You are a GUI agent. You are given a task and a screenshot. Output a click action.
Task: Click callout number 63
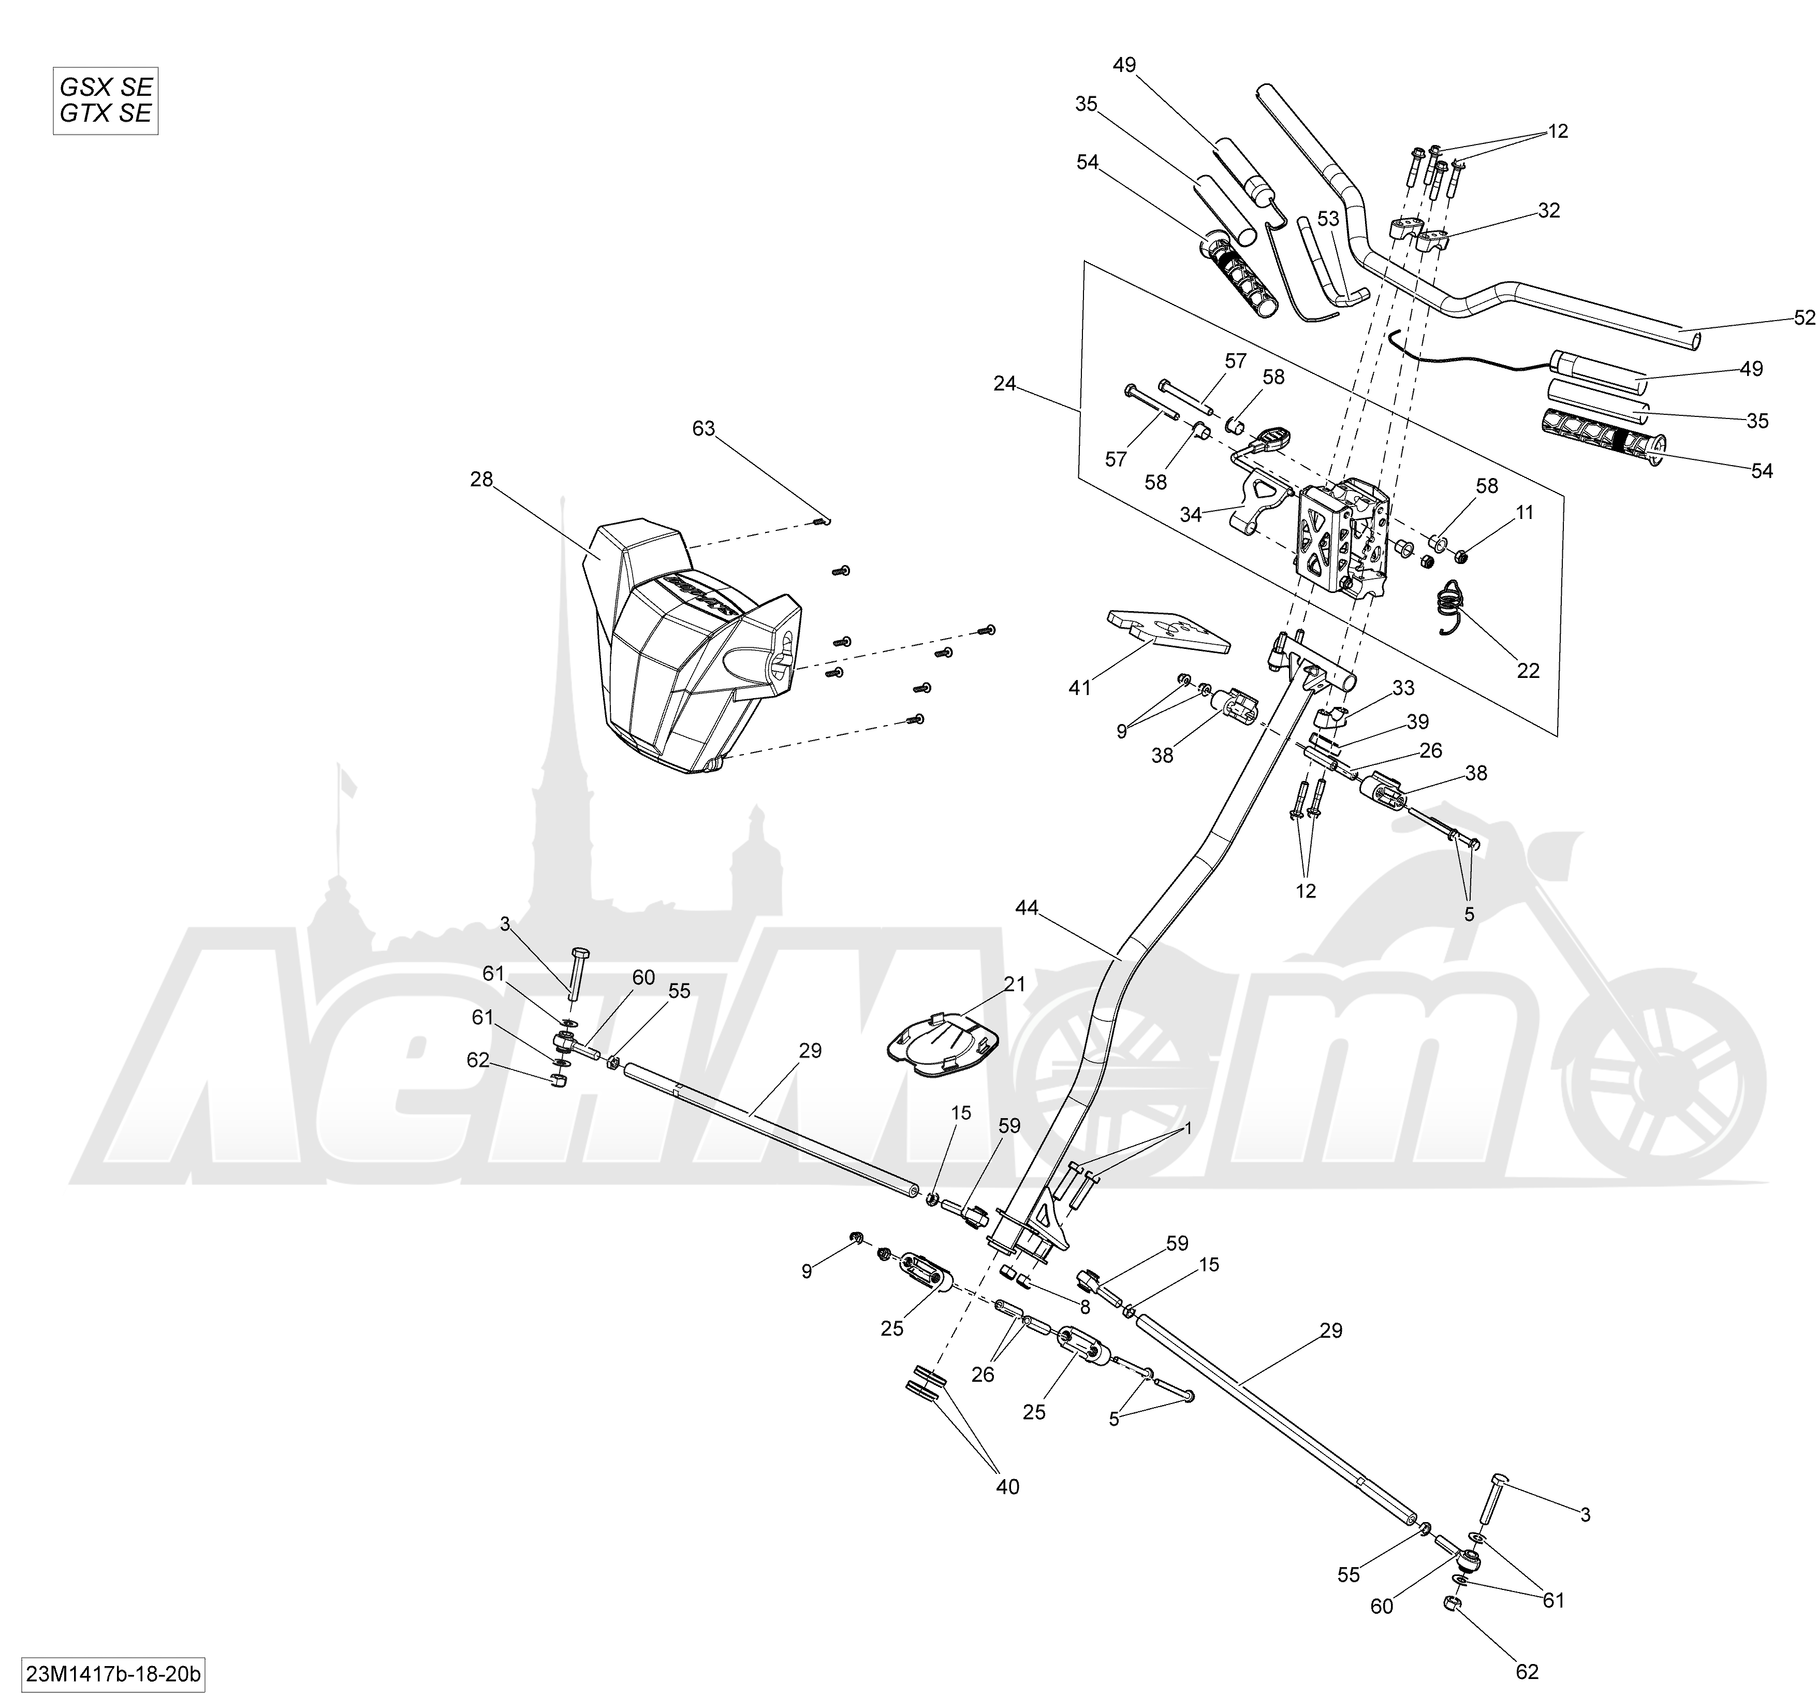click(x=704, y=429)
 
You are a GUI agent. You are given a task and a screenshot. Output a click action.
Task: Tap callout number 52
click(x=1804, y=317)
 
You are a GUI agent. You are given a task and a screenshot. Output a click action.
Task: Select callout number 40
click(x=1007, y=1487)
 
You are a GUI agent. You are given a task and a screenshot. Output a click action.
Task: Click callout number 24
click(x=1004, y=384)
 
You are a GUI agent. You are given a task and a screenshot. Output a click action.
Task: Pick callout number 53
click(x=1328, y=219)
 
